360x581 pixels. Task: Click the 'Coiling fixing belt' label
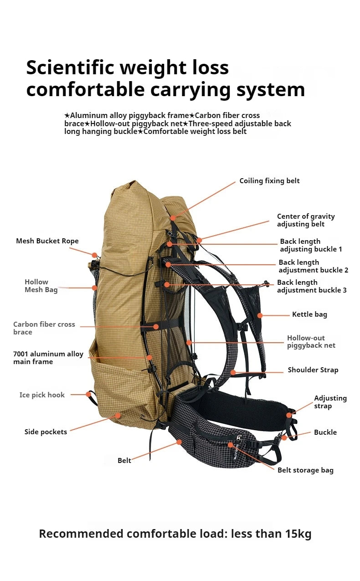point(269,181)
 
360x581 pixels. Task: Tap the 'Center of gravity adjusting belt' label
point(306,220)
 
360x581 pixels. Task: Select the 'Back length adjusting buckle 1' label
point(311,245)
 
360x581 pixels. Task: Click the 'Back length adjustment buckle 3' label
point(312,286)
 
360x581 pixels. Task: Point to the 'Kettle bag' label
point(309,314)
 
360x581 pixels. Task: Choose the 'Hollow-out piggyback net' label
point(311,341)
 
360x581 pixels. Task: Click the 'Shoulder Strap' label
point(313,370)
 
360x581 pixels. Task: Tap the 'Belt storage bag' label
point(305,470)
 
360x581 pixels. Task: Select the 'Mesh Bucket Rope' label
point(47,241)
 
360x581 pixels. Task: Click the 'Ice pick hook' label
point(42,395)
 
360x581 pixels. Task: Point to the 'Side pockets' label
point(46,432)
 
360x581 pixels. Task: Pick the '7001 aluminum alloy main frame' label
point(48,358)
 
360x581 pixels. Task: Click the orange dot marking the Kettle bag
point(260,315)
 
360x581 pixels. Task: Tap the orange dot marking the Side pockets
point(118,415)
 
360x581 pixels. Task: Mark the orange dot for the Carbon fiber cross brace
point(156,326)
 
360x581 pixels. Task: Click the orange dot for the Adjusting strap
point(289,415)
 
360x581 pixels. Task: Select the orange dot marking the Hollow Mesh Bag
point(94,288)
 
